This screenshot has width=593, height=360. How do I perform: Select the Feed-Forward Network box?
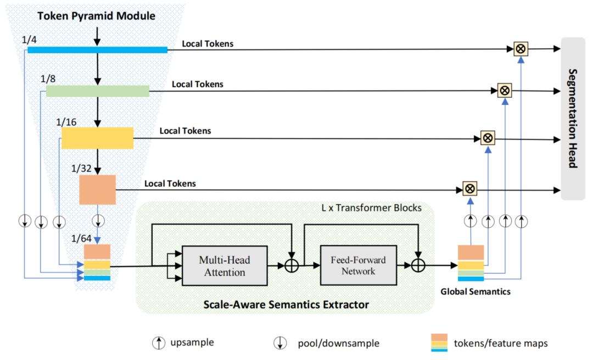[358, 265]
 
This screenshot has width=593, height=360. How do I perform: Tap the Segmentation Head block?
[572, 118]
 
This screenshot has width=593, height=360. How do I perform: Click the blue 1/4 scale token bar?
[97, 50]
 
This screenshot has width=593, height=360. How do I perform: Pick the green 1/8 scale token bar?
[97, 91]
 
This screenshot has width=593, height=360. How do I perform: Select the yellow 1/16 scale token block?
[97, 138]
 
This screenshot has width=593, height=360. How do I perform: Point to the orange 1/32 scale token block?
[97, 190]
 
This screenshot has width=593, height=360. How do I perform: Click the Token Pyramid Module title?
[96, 16]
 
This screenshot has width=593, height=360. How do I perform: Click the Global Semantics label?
[475, 291]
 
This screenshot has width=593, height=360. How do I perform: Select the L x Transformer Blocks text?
[371, 208]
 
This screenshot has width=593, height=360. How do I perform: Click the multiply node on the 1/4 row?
[521, 49]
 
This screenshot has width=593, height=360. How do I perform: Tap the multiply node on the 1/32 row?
[470, 189]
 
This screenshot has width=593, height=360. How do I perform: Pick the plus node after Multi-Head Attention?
[292, 266]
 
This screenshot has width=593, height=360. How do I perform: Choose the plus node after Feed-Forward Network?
[419, 266]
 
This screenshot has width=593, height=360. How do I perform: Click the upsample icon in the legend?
[158, 344]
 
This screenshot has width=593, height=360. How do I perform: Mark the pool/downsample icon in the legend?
[280, 344]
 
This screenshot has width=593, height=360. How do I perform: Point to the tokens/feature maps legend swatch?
[439, 342]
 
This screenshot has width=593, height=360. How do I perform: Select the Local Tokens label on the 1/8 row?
[197, 84]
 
